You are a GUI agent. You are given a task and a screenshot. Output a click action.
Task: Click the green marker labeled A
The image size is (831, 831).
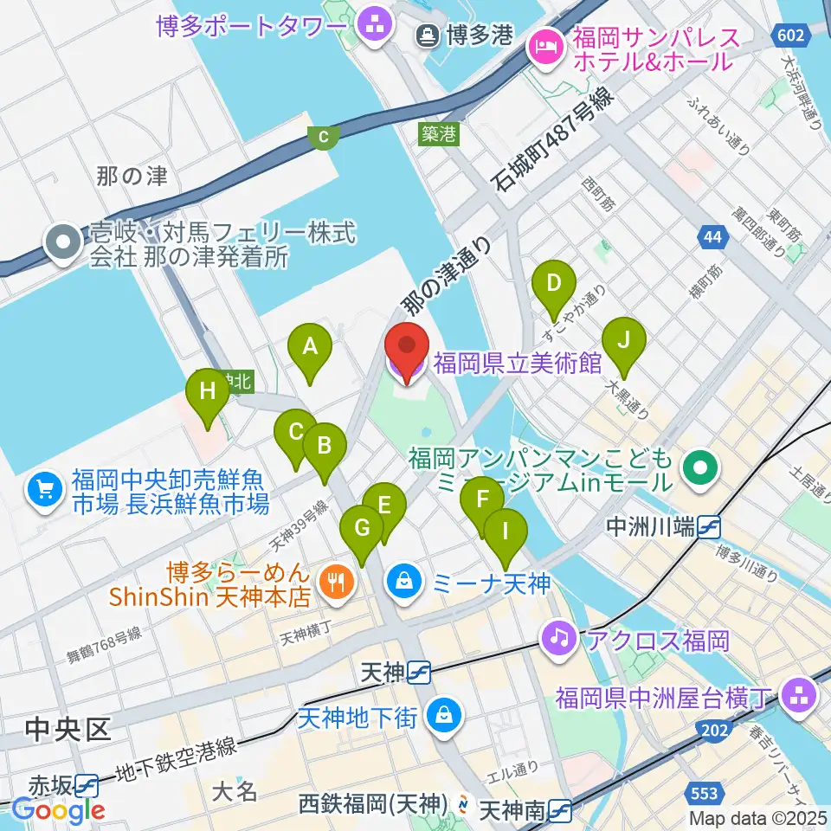[310, 348]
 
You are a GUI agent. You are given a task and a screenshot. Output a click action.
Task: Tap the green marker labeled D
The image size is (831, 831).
[554, 283]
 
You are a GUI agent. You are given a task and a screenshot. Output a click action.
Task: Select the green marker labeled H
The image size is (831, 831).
[207, 391]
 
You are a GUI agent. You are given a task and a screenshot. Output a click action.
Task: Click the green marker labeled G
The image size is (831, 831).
[362, 528]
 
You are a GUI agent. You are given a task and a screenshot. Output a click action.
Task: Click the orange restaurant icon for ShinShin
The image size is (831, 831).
[332, 581]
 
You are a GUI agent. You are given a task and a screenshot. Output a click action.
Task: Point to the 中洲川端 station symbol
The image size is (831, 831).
[709, 525]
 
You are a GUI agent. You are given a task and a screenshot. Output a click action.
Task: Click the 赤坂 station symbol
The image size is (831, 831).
[86, 785]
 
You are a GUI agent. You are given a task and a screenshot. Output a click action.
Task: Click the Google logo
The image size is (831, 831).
[58, 810]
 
